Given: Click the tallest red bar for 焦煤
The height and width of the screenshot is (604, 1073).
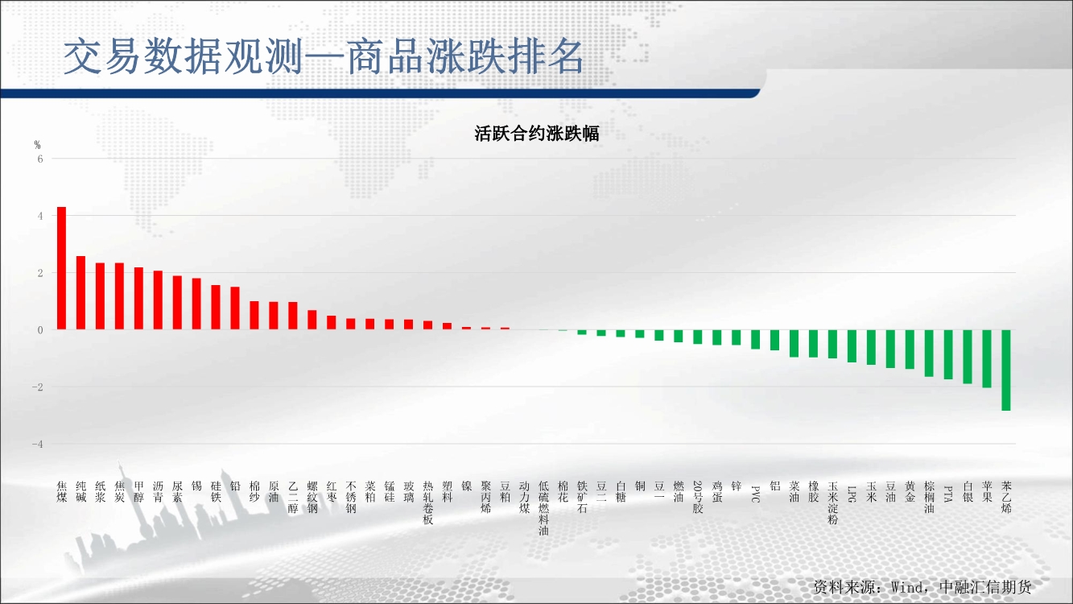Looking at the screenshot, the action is pyautogui.click(x=61, y=268).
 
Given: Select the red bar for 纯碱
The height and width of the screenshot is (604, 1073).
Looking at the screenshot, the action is pyautogui.click(x=81, y=292).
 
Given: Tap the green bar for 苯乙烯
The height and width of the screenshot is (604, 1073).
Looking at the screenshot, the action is pyautogui.click(x=1006, y=370).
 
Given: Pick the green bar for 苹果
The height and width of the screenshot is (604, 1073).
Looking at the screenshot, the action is pyautogui.click(x=987, y=358).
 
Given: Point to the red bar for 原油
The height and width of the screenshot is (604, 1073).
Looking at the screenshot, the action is pyautogui.click(x=274, y=316).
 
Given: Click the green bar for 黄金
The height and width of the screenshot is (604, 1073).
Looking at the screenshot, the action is pyautogui.click(x=910, y=350).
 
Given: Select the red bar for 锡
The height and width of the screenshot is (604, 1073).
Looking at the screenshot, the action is pyautogui.click(x=196, y=304).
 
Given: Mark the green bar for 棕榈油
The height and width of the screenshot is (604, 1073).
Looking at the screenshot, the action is pyautogui.click(x=929, y=354).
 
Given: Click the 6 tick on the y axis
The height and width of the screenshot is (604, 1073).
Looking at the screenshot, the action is pyautogui.click(x=40, y=159).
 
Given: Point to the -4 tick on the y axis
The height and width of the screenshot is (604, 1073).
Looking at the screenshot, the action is pyautogui.click(x=37, y=445).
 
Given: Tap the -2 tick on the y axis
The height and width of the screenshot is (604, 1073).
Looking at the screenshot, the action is pyautogui.click(x=37, y=387).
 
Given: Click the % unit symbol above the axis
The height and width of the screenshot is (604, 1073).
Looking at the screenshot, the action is pyautogui.click(x=37, y=145).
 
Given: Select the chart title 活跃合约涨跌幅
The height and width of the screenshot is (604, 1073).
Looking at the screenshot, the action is pyautogui.click(x=536, y=133).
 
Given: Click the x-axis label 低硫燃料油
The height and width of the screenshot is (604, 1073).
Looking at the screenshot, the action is pyautogui.click(x=543, y=508).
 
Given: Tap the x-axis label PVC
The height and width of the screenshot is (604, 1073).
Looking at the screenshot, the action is pyautogui.click(x=755, y=494).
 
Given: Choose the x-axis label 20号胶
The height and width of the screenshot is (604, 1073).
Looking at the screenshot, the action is pyautogui.click(x=697, y=497).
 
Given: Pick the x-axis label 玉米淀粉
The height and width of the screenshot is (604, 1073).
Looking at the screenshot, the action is pyautogui.click(x=832, y=503).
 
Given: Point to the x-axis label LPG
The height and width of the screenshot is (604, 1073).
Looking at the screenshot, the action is pyautogui.click(x=852, y=494).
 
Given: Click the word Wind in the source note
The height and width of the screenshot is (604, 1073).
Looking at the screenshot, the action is pyautogui.click(x=906, y=587).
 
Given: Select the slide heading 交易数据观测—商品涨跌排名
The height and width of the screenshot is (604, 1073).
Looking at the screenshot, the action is pyautogui.click(x=324, y=56).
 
